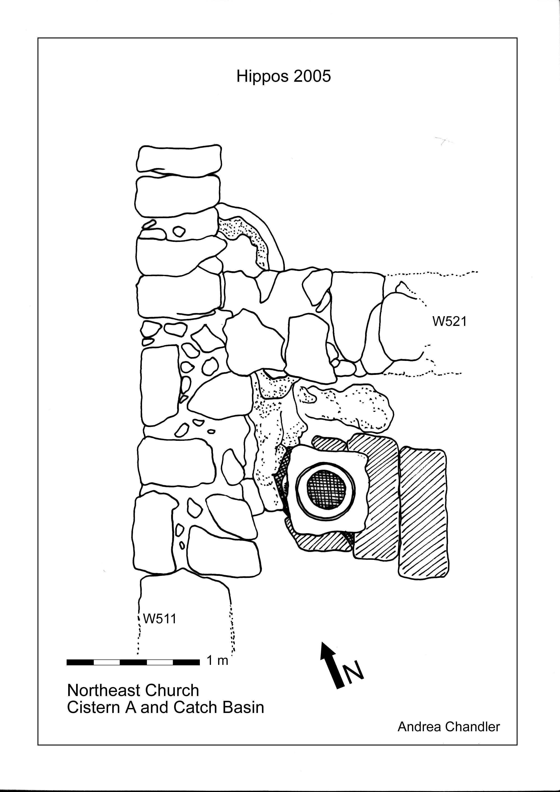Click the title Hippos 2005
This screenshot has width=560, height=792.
tap(283, 76)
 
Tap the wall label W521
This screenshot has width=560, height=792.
tap(449, 322)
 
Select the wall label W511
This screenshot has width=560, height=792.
tap(160, 619)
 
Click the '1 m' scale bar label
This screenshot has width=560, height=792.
tap(217, 660)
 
